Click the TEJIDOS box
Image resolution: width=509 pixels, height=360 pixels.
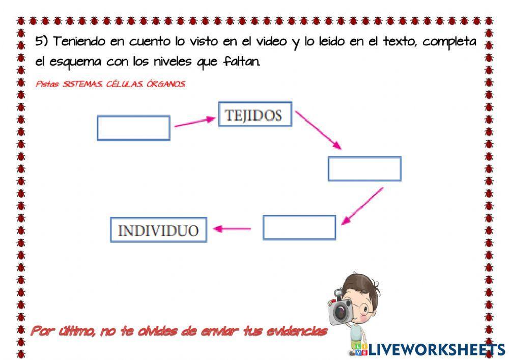[255, 115]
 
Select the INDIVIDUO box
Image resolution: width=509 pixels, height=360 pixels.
[158, 230]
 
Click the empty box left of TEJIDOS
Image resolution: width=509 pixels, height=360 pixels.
[133, 128]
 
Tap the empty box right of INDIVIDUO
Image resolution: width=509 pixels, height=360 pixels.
[299, 228]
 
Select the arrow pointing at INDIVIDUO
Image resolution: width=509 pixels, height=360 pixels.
[232, 229]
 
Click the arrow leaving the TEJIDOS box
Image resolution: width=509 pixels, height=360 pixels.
[318, 130]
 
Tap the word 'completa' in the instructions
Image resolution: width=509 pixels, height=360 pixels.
[450, 43]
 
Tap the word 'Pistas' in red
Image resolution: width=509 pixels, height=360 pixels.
[47, 84]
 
